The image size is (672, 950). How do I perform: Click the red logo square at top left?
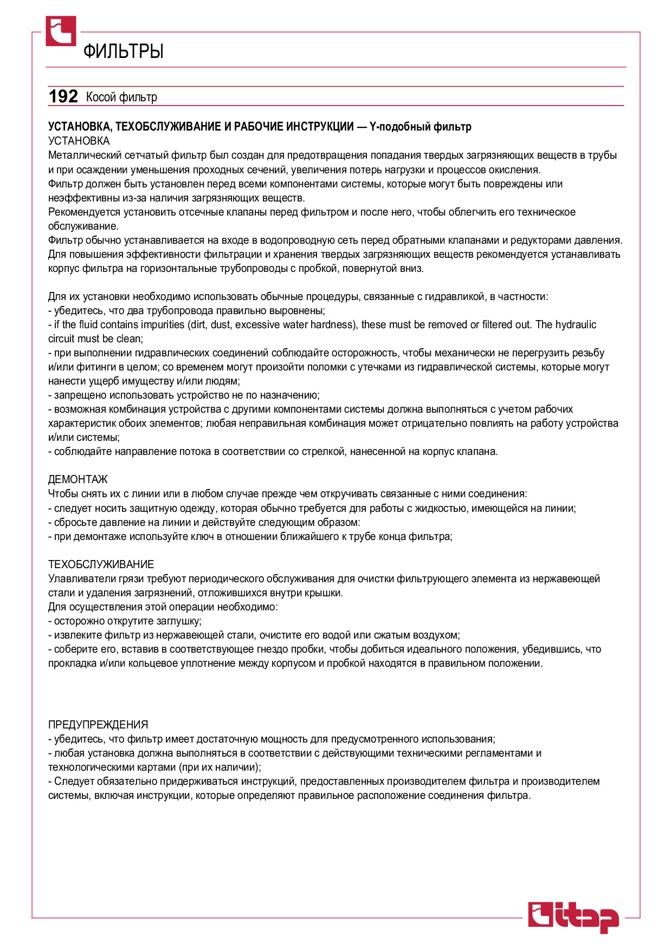point(61,31)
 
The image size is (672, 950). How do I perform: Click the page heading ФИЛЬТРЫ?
point(124,51)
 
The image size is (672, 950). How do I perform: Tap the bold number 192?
point(63,96)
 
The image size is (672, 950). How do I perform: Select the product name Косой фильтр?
point(121,97)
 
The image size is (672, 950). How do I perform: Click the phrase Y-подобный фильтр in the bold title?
point(420,127)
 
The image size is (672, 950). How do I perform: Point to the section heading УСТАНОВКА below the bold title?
point(79,141)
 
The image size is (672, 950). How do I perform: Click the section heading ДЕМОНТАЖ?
point(78,479)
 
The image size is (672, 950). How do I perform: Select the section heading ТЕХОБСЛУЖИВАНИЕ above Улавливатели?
point(101,564)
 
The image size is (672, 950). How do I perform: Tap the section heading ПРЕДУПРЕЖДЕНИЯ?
point(98,725)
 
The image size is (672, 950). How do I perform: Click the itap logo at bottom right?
point(573,918)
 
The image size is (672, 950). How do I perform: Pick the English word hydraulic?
point(576,324)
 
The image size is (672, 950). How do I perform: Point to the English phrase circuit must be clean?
point(95,339)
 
